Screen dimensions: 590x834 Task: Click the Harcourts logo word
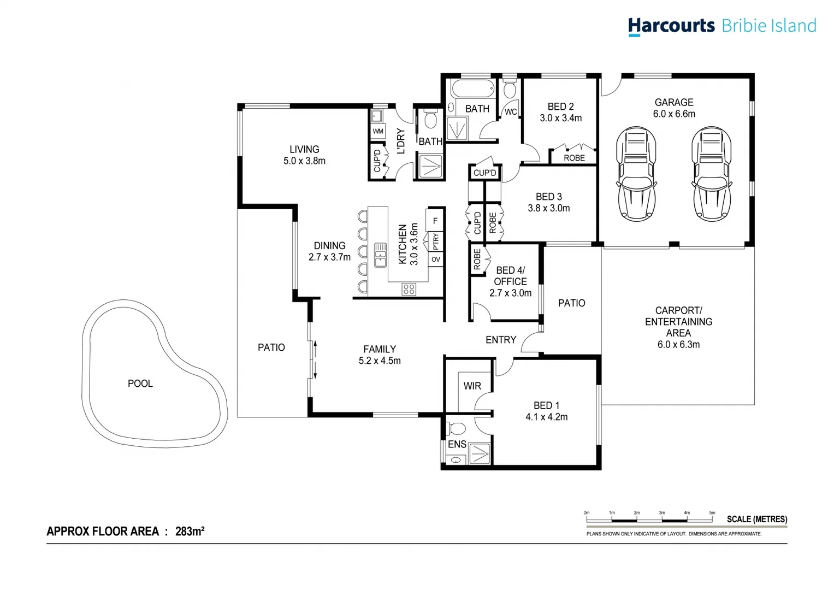point(671,26)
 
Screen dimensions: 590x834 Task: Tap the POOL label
point(140,383)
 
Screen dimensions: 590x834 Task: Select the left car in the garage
point(636,174)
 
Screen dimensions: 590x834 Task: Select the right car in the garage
point(711,174)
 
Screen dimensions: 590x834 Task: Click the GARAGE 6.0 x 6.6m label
point(674,108)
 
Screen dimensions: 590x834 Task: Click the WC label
point(511,112)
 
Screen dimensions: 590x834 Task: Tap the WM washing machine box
point(378,131)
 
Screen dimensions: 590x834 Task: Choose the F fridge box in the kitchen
point(435,221)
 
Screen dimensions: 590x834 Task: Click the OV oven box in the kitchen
point(436,259)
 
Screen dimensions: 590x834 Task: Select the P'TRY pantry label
point(436,240)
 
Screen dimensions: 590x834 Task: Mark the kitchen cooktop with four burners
point(409,289)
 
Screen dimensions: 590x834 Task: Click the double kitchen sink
point(380,255)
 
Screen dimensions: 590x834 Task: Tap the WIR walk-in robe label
point(472,386)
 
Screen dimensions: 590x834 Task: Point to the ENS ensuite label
point(457,444)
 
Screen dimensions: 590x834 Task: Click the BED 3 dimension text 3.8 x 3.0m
point(548,208)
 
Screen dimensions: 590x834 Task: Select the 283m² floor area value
point(190,531)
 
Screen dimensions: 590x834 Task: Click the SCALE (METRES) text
point(756,519)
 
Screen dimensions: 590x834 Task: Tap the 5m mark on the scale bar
point(712,514)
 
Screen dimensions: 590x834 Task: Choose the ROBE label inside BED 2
point(574,158)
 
